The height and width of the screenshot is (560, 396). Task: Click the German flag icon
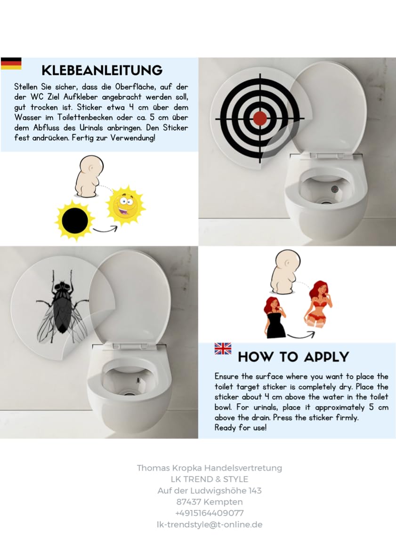tap(11, 64)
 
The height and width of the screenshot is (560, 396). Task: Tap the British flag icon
tap(223, 349)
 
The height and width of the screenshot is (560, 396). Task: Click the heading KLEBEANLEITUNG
tap(102, 71)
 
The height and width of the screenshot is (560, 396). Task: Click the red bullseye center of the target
tap(259, 118)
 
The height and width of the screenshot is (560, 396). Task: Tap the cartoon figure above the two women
tap(284, 272)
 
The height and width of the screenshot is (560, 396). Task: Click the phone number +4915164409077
tap(210, 513)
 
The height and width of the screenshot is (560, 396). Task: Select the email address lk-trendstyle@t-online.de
tap(210, 524)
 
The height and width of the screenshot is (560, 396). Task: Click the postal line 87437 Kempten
tap(210, 502)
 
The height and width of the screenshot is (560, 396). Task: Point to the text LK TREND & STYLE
tap(210, 479)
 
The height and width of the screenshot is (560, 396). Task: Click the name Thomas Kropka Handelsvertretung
tap(210, 468)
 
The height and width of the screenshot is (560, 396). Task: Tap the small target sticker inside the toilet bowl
tap(334, 189)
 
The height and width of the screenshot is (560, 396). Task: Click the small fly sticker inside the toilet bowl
tap(137, 379)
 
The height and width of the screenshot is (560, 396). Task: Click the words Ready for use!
tap(240, 428)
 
